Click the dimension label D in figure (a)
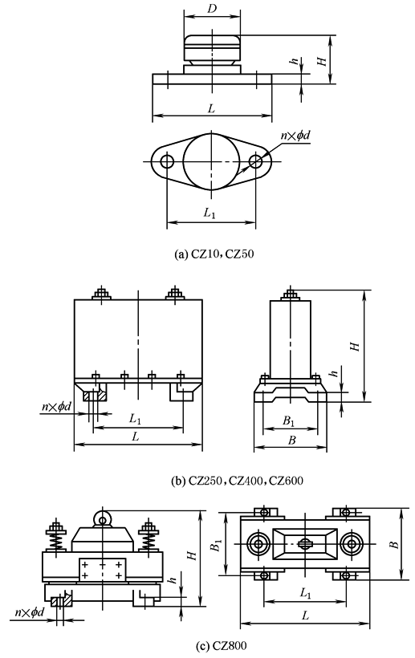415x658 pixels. [213, 7]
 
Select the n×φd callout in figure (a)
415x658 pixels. [294, 136]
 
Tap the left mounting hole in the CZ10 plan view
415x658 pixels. [166, 160]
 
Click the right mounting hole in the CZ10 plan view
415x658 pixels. [256, 160]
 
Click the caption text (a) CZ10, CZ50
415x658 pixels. [211, 254]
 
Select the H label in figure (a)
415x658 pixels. [322, 59]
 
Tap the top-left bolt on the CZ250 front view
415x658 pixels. [101, 294]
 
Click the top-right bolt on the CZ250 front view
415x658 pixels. [174, 294]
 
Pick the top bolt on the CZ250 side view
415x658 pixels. [289, 294]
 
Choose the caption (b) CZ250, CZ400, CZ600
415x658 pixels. [210, 481]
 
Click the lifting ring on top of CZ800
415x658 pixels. [103, 519]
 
